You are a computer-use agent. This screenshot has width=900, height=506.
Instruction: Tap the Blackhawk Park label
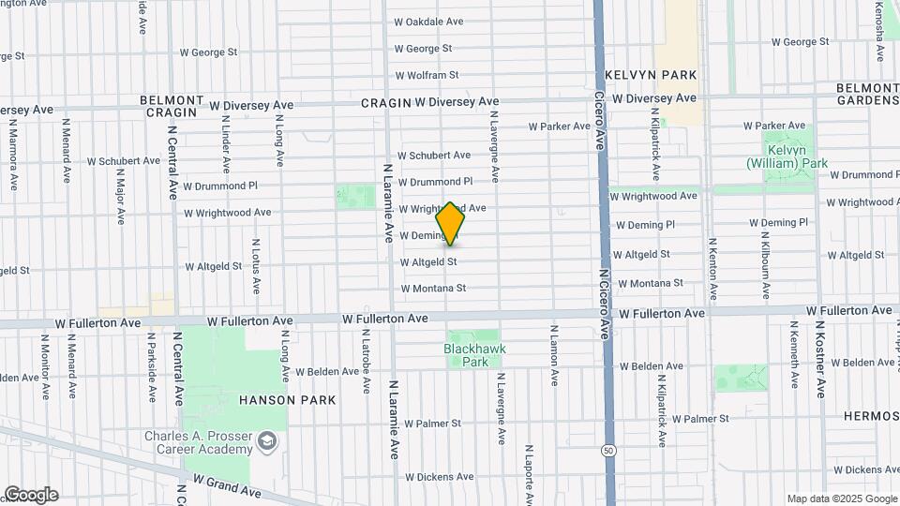(x=473, y=355)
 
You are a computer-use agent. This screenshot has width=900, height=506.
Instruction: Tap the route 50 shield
(x=609, y=451)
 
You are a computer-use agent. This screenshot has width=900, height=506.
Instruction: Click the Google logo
(x=30, y=495)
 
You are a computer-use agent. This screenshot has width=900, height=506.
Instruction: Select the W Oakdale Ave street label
(x=428, y=22)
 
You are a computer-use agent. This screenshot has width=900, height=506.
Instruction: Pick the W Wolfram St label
(x=427, y=75)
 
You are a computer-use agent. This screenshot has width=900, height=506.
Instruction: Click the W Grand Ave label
(x=228, y=484)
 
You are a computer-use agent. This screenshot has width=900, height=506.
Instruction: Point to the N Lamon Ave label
(x=555, y=356)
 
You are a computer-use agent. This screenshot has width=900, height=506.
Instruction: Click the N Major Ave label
(x=121, y=196)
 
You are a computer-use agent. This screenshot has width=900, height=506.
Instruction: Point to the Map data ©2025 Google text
(x=841, y=499)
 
